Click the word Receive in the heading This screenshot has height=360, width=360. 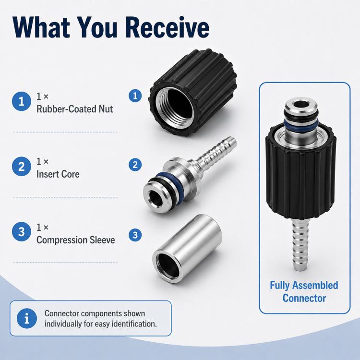pyautogui.click(x=168, y=27)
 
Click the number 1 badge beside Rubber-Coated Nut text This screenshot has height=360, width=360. pyautogui.click(x=21, y=101)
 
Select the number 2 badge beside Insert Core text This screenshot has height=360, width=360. pyautogui.click(x=21, y=167)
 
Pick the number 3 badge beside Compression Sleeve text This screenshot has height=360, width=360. pyautogui.click(x=21, y=232)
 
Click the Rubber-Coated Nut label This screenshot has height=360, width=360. pyautogui.click(x=74, y=109)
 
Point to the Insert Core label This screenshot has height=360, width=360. pyautogui.click(x=58, y=174)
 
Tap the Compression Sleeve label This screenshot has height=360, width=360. pyautogui.click(x=75, y=240)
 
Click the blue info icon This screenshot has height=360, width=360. pyautogui.click(x=27, y=318)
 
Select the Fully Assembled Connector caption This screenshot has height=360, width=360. pyautogui.click(x=304, y=292)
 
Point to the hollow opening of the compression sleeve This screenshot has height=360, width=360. pyautogui.click(x=168, y=266)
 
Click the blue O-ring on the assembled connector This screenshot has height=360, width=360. pyautogui.click(x=301, y=124)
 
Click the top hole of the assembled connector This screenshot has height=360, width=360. pyautogui.click(x=301, y=105)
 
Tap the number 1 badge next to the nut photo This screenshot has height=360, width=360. pyautogui.click(x=135, y=96)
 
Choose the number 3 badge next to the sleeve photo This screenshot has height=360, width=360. pyautogui.click(x=135, y=235)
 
